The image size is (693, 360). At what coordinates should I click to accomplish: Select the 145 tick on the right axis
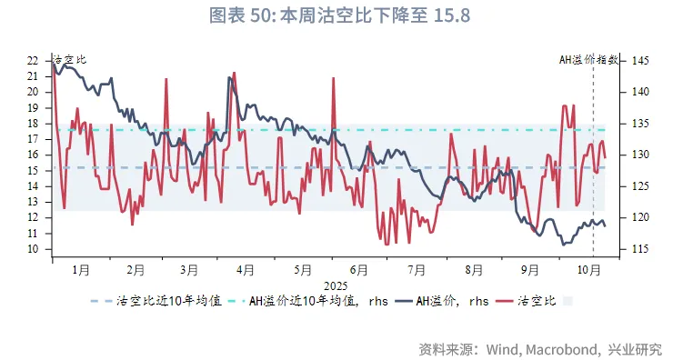tap(640, 60)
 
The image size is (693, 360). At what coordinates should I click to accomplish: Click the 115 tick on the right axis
tap(640, 249)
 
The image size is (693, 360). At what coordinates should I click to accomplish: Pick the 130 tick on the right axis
tap(640, 155)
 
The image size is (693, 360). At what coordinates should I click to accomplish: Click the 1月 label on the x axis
tap(80, 270)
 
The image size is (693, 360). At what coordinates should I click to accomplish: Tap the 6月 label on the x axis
tap(358, 270)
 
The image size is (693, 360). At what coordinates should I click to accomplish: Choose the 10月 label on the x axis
tap(591, 270)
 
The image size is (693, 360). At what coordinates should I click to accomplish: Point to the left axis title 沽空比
tap(69, 60)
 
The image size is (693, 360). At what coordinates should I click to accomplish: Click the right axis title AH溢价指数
tap(588, 60)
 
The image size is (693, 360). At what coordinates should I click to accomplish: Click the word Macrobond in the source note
tap(563, 349)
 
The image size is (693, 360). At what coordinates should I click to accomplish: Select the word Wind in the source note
tap(505, 349)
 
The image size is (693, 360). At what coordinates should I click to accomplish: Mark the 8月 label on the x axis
tap(473, 270)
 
